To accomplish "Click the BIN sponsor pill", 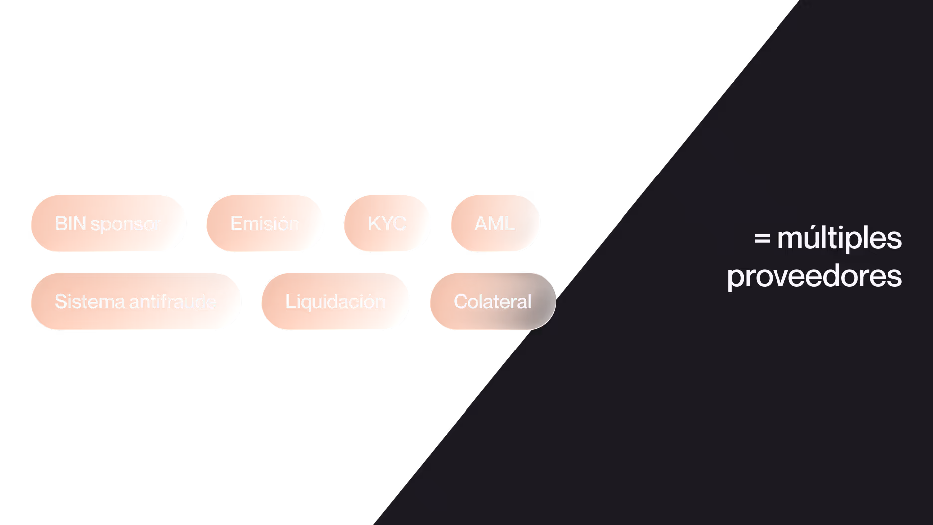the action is [108, 223].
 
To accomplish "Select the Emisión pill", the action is [265, 223].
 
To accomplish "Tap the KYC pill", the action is [387, 223].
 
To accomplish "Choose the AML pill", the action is [495, 223].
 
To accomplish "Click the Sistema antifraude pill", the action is [136, 301].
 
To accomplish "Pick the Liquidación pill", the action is [335, 301].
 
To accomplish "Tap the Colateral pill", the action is [492, 301].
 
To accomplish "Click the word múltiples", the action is [839, 238].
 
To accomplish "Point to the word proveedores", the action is [814, 277].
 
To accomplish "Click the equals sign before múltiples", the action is [762, 239].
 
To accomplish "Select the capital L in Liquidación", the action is [289, 301].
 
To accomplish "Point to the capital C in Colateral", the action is [461, 301].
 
